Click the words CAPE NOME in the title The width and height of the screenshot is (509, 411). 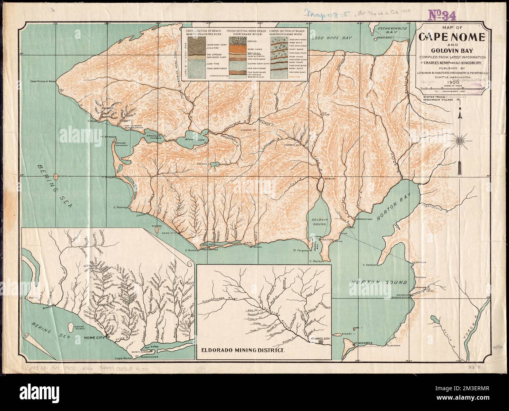pos(452,38)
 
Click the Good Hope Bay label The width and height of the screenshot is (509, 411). pos(331,39)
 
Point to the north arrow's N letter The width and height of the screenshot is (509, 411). pos(461,109)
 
